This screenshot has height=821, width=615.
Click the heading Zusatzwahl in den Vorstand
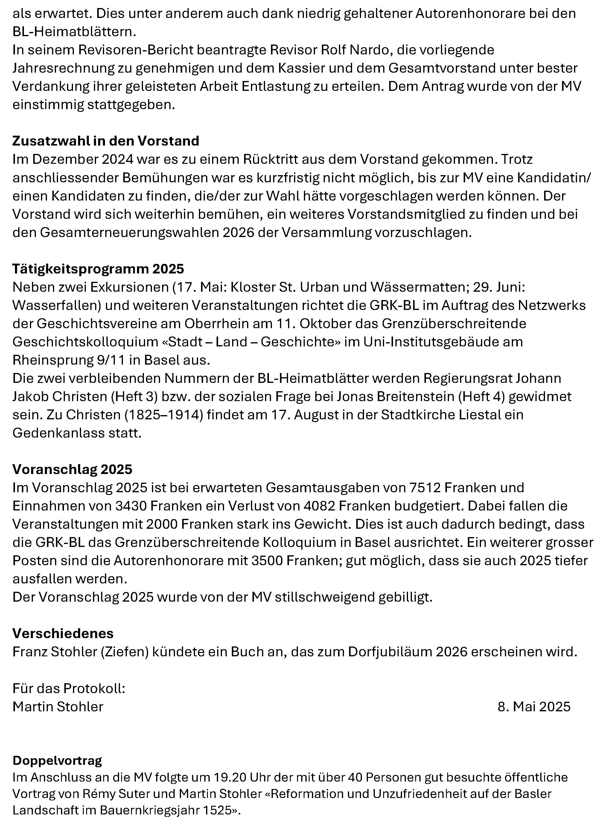pos(106,141)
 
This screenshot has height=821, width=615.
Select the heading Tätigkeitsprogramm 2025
pos(98,269)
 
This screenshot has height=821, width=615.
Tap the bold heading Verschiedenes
pos(63,633)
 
